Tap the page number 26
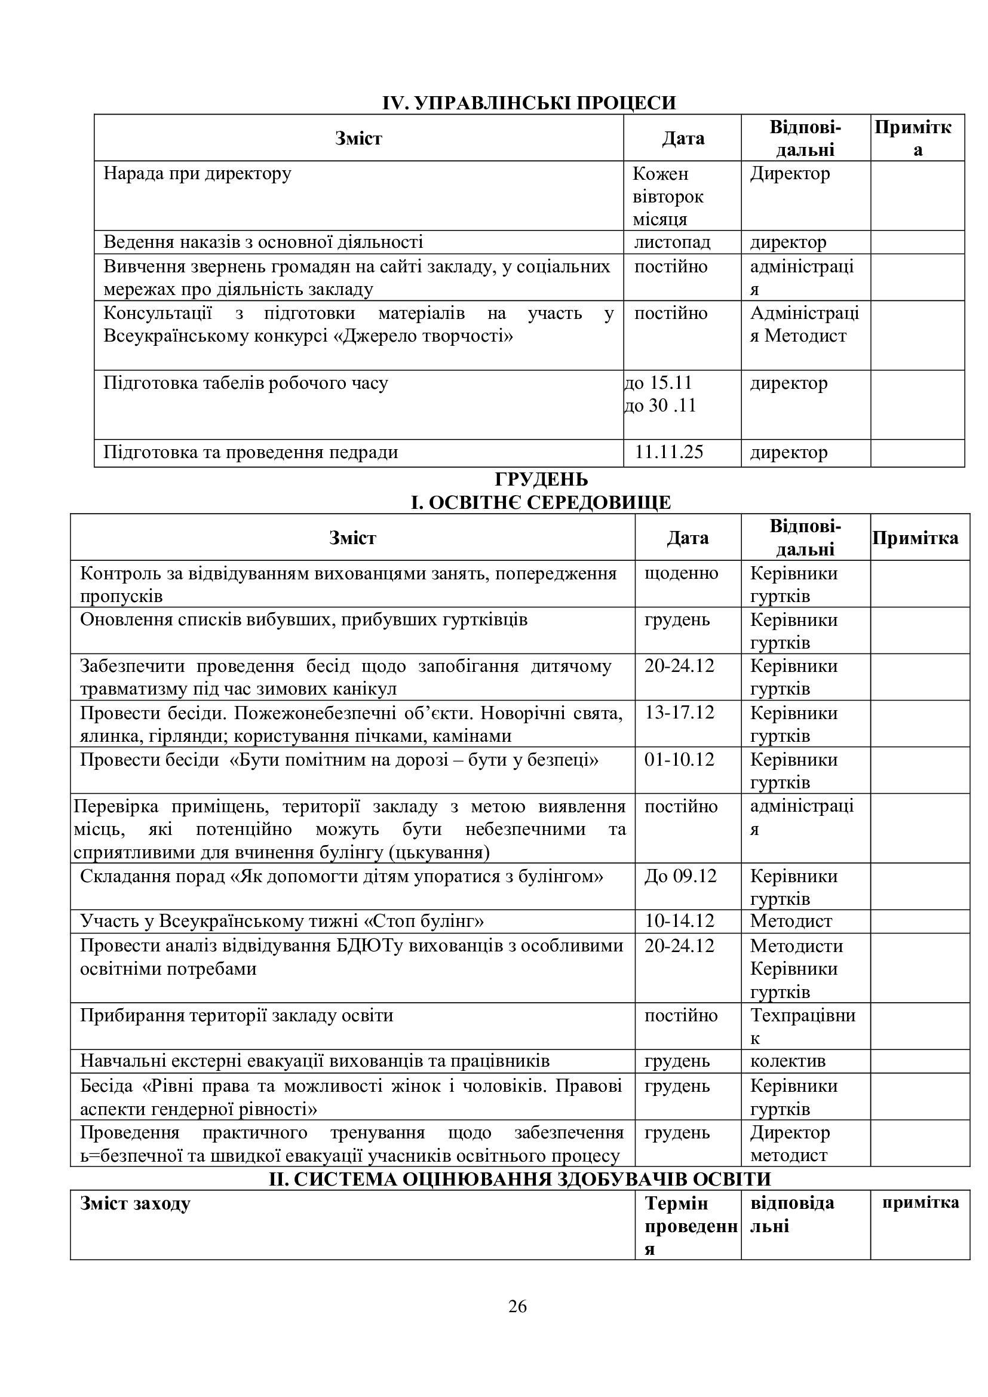point(517,1306)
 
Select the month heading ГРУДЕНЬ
point(541,480)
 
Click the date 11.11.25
point(668,452)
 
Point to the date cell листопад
point(671,242)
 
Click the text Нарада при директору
point(197,173)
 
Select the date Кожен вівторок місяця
point(667,196)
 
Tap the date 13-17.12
point(679,713)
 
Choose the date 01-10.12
point(679,759)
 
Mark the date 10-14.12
point(679,921)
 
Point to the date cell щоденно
point(681,573)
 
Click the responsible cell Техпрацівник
point(802,1027)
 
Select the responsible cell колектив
point(787,1061)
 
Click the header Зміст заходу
point(135,1203)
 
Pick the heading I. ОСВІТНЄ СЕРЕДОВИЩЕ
point(541,502)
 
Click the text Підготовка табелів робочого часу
point(245,383)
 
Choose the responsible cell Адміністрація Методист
point(803,324)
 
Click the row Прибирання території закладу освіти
point(237,1015)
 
